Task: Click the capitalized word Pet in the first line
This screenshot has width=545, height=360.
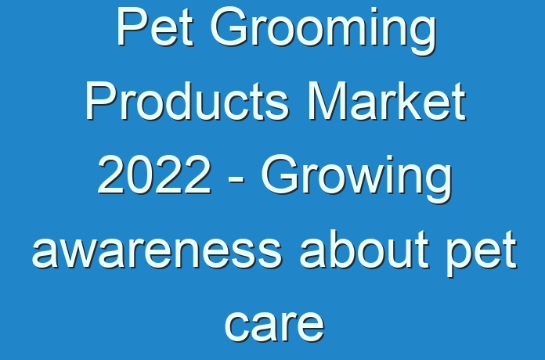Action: pyautogui.click(x=155, y=27)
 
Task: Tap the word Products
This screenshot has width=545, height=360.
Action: pyautogui.click(x=187, y=101)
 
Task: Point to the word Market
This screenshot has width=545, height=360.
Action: pyautogui.click(x=387, y=101)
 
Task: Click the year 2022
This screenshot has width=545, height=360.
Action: pyautogui.click(x=155, y=175)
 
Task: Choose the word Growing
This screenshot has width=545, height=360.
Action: pyautogui.click(x=357, y=180)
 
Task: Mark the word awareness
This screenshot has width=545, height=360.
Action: pyautogui.click(x=157, y=250)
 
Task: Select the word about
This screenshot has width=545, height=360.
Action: pyautogui.click(x=364, y=249)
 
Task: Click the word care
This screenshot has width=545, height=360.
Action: pyautogui.click(x=275, y=326)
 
